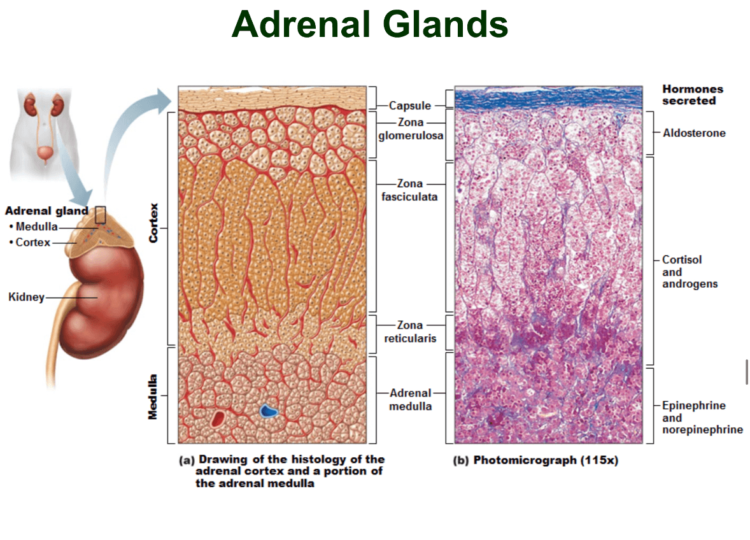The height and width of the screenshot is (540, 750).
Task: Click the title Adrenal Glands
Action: [369, 24]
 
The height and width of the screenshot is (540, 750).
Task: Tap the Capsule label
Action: [410, 105]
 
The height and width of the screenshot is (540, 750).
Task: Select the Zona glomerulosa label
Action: [411, 129]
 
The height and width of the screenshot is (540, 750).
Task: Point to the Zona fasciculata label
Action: [409, 190]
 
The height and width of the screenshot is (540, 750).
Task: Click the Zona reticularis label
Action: [410, 332]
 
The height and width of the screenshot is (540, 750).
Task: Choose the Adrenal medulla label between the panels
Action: [411, 399]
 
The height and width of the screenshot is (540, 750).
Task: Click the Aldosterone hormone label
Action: [694, 133]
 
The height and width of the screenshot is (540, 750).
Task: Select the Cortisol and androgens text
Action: [690, 272]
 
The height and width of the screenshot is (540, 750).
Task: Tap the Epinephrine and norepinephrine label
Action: [702, 418]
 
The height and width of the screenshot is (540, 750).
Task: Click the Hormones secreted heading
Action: [692, 95]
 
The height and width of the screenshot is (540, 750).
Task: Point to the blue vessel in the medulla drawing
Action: [268, 411]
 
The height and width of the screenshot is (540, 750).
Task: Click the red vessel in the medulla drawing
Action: [218, 418]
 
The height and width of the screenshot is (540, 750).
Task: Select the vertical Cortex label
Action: [153, 223]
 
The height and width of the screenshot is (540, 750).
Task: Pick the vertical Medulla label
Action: [153, 397]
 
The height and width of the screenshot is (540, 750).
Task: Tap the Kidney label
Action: [26, 297]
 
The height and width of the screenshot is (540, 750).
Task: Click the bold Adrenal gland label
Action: [46, 211]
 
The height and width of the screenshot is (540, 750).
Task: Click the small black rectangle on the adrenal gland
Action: [100, 215]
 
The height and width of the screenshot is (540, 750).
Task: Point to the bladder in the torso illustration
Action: [45, 153]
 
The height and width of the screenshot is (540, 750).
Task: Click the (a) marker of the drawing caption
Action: [187, 460]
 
